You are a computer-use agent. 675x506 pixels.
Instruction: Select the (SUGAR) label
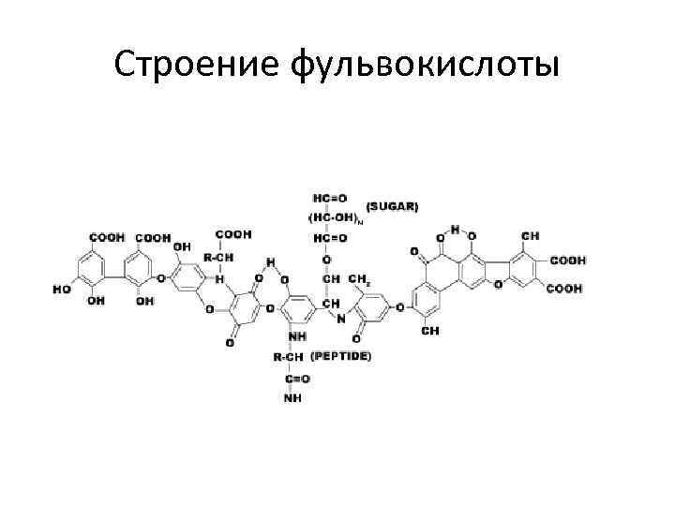[393, 204]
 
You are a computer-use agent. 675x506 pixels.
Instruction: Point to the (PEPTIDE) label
[340, 356]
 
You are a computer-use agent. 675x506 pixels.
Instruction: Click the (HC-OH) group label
[334, 216]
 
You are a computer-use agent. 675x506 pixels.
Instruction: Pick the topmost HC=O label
[329, 198]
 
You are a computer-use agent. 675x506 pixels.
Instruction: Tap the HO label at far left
[61, 290]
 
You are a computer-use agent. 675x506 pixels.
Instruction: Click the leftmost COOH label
[107, 237]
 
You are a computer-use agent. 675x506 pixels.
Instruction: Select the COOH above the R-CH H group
[233, 234]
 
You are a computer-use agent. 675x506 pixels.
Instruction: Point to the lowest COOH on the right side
[565, 290]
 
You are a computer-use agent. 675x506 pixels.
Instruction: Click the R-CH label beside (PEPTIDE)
[288, 356]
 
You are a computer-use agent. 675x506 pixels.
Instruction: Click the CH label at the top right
[531, 235]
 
